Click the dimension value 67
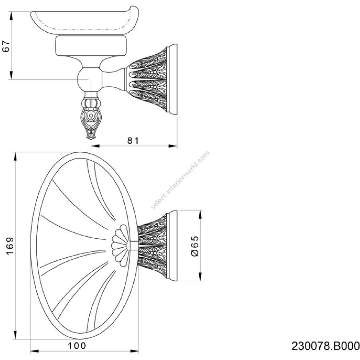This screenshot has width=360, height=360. (6, 46)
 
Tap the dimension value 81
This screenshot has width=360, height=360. (133, 140)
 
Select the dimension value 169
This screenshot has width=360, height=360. (10, 246)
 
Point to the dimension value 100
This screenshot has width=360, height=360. (77, 346)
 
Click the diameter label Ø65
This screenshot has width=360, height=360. (195, 246)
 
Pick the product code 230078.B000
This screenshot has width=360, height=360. (325, 346)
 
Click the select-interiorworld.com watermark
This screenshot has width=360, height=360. (180, 180)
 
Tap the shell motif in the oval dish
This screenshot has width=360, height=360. (120, 246)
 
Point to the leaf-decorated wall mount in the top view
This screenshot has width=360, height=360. (158, 246)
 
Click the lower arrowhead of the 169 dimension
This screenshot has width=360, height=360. (15, 335)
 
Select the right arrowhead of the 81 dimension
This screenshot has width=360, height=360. (173, 146)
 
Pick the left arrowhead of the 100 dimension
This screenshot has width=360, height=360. (35, 351)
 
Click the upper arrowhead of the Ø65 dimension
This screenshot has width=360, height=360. (201, 215)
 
